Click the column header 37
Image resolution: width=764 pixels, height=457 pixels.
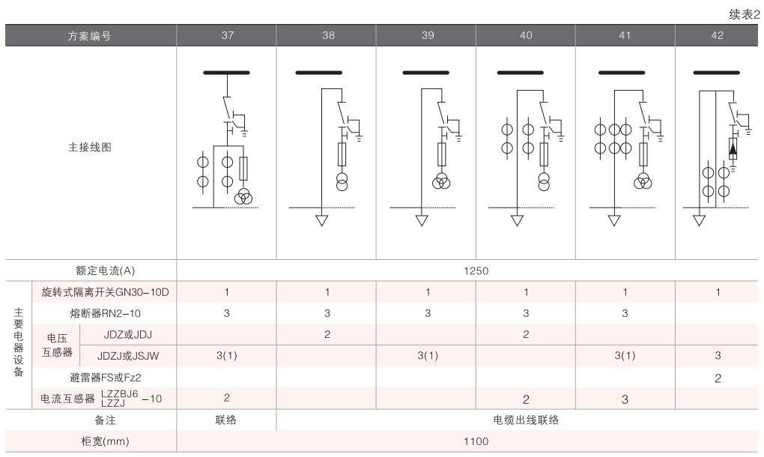tap(226, 35)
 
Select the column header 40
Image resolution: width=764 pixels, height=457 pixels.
tap(524, 35)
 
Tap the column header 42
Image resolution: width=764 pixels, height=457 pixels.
tap(718, 35)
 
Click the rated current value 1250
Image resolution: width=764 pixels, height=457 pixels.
tap(470, 270)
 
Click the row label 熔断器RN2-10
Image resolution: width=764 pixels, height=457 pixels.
tap(105, 313)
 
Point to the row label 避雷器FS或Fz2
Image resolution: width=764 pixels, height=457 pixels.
tap(105, 377)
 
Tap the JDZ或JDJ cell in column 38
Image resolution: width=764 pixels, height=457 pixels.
tap(326, 334)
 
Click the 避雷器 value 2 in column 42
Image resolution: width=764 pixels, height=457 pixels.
tap(718, 378)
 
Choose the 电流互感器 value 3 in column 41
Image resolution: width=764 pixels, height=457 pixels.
tap(625, 399)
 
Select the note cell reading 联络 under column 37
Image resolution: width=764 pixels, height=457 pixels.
tap(226, 420)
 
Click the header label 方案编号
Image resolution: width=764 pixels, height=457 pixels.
tap(91, 35)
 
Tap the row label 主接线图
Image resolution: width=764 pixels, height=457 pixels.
tap(91, 148)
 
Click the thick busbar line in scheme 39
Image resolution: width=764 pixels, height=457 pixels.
tap(425, 73)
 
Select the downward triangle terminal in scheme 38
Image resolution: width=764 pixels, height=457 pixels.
tap(323, 220)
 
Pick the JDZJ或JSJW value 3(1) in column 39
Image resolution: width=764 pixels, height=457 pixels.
tap(425, 355)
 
